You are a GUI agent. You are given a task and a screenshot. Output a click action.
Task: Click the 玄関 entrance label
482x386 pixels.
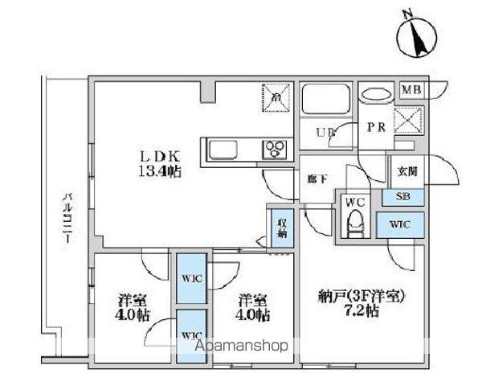pyautogui.click(x=406, y=171)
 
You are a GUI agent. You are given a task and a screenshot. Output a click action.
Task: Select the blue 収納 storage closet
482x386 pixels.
pyautogui.click(x=283, y=227)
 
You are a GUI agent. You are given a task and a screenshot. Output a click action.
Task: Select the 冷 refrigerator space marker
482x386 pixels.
pyautogui.click(x=276, y=98)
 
